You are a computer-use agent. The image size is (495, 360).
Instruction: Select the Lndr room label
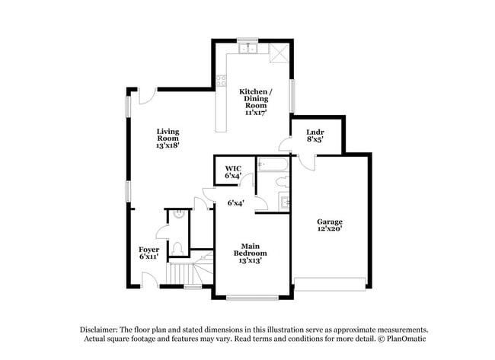[315, 131]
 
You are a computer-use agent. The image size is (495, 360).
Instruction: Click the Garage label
[330, 221]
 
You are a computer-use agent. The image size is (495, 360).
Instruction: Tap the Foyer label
[148, 249]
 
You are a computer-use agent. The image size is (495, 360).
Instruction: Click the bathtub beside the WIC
[273, 164]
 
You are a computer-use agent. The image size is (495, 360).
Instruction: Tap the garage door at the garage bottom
[330, 284]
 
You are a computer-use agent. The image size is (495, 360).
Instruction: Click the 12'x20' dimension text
[330, 228]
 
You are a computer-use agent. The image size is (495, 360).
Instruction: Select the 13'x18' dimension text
[168, 145]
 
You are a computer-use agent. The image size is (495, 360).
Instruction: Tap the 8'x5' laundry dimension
[315, 139]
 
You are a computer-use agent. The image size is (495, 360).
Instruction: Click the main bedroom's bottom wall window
[252, 297]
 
